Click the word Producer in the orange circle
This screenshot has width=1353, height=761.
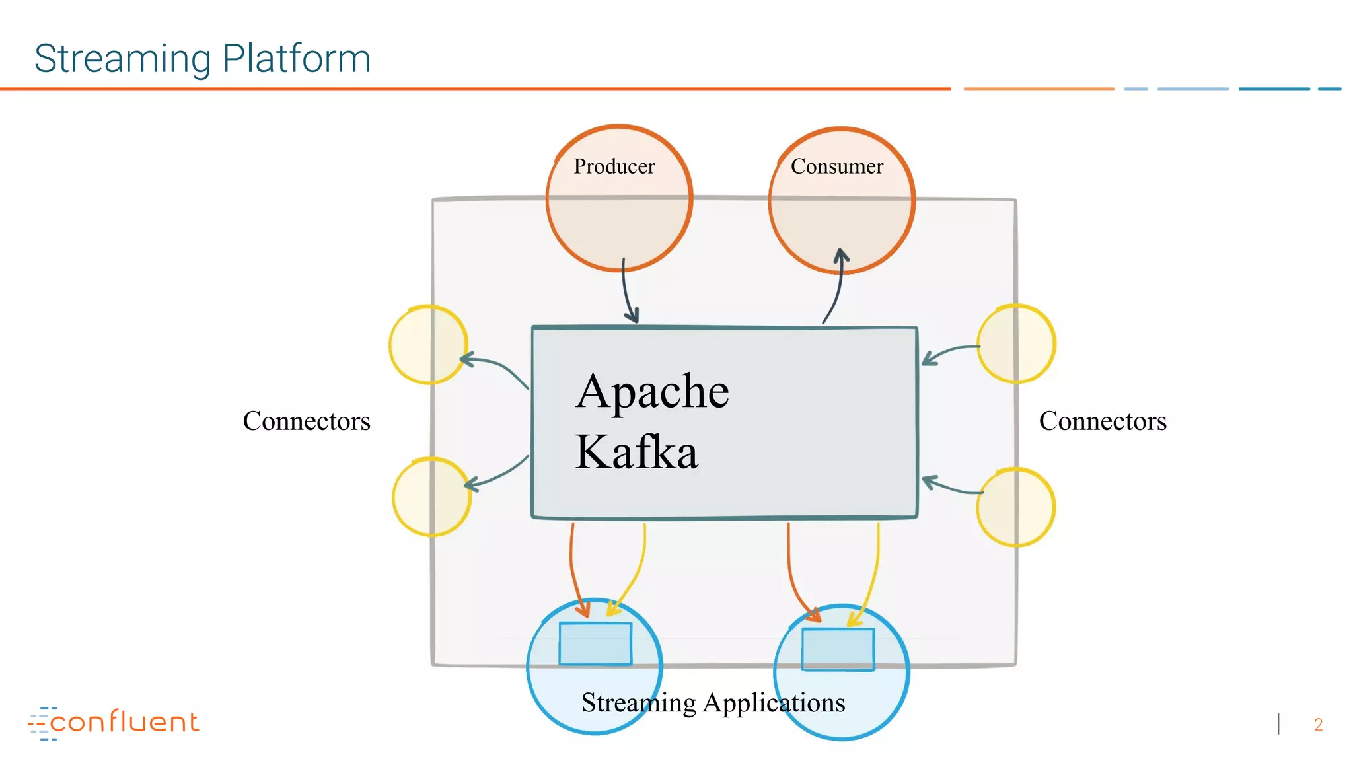[x=614, y=166]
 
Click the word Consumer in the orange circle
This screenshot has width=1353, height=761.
[x=836, y=166]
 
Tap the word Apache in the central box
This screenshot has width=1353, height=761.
[x=652, y=391]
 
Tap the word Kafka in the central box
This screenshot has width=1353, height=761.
[x=636, y=453]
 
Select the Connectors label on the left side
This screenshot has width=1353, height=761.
[x=307, y=421]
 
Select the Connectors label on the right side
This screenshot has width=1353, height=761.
[x=1103, y=421]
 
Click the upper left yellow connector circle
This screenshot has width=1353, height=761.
[x=428, y=344]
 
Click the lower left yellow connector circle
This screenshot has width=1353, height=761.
[x=431, y=497]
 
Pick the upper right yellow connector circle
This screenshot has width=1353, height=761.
[x=1016, y=344]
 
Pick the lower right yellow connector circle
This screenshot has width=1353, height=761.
[x=1015, y=507]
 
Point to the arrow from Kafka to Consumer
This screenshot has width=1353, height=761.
[x=836, y=291]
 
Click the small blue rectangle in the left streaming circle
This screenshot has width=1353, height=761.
[x=595, y=643]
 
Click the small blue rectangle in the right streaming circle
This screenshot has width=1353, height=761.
[x=838, y=649]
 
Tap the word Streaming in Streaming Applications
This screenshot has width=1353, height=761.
[x=638, y=703]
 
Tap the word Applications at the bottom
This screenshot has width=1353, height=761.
[x=774, y=703]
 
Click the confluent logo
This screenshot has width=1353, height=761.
[x=114, y=723]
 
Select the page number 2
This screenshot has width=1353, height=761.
[x=1318, y=725]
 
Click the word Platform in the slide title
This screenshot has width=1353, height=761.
[x=296, y=59]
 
